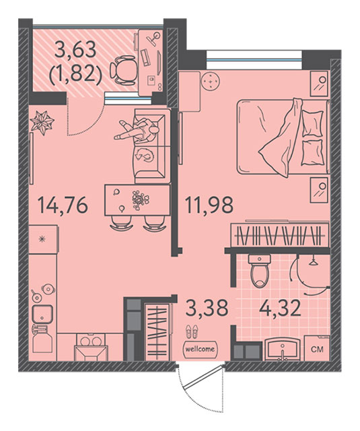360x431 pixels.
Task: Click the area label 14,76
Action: pyautogui.click(x=63, y=205)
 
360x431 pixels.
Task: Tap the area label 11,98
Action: pyautogui.click(x=209, y=205)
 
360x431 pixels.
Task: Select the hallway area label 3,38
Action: pyautogui.click(x=207, y=308)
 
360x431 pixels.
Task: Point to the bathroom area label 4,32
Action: pyautogui.click(x=280, y=308)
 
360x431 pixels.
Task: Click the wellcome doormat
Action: pyautogui.click(x=200, y=349)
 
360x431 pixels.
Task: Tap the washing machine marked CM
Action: pyautogui.click(x=317, y=348)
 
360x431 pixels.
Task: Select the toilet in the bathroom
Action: pyautogui.click(x=259, y=271)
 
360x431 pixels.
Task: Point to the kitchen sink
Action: pyautogui.click(x=42, y=314)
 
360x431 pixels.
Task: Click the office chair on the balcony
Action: pyautogui.click(x=122, y=70)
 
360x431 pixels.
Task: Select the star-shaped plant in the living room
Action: pyautogui.click(x=42, y=123)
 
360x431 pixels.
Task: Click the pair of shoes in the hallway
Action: pyautogui.click(x=191, y=332)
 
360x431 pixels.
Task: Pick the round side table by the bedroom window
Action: pyautogui.click(x=211, y=81)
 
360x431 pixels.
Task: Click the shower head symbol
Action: pyautogui.click(x=312, y=261)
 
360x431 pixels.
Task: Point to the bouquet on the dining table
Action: pyautogui.click(x=141, y=201)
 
